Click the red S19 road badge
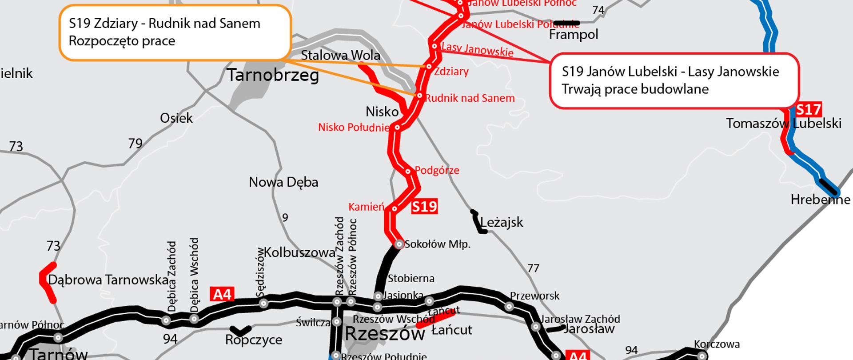pyautogui.click(x=424, y=207)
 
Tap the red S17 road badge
pyautogui.click(x=808, y=109)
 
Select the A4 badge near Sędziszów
pyautogui.click(x=223, y=294)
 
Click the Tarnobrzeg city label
pyautogui.click(x=273, y=75)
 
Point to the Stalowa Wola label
pyautogui.click(x=340, y=56)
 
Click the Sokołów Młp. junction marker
pyautogui.click(x=399, y=244)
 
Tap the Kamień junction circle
pyautogui.click(x=394, y=208)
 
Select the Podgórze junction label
pyautogui.click(x=437, y=170)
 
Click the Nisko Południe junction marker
pyautogui.click(x=398, y=128)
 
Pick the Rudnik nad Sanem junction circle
pyautogui.click(x=419, y=96)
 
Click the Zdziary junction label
pyautogui.click(x=451, y=71)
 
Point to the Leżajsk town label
pyautogui.click(x=502, y=222)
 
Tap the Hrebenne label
pyautogui.click(x=820, y=200)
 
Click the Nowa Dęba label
pyautogui.click(x=283, y=182)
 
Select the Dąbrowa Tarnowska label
pyautogui.click(x=108, y=280)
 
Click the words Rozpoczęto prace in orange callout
pyautogui.click(x=122, y=41)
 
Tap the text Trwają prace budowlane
pyautogui.click(x=635, y=89)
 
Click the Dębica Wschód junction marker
pyautogui.click(x=194, y=319)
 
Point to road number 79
pyautogui.click(x=135, y=144)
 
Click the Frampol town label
pyautogui.click(x=574, y=35)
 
